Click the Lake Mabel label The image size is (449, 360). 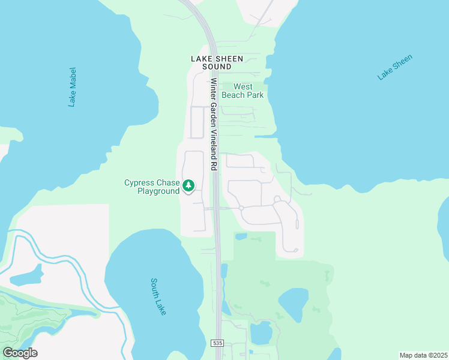73,87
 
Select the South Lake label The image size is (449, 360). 158,296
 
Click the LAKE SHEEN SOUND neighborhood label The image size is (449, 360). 217,62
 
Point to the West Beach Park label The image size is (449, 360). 243,91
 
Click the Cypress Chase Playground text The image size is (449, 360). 152,187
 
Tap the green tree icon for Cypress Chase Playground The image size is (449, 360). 188,186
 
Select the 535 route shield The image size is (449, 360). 217,343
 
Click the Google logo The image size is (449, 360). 20,353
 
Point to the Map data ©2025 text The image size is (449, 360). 423,355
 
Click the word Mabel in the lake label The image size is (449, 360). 73,79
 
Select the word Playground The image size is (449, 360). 158,191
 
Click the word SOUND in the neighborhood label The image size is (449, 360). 217,67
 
